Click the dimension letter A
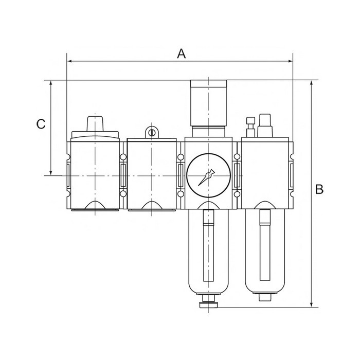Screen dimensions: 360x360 [182, 54]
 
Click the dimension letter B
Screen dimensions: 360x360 [319, 189]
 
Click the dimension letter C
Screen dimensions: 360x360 [41, 124]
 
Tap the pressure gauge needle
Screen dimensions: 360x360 [206, 177]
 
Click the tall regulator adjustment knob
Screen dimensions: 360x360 [208, 103]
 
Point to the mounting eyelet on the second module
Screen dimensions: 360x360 [152, 132]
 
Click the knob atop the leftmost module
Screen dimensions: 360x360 [95, 124]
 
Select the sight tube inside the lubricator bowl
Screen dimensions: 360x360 [265, 245]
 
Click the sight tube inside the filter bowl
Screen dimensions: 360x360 [208, 245]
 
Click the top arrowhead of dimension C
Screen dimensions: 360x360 [51, 83]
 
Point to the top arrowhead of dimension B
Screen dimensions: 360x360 [312, 83]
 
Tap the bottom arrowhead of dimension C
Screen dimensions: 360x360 [51, 172]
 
